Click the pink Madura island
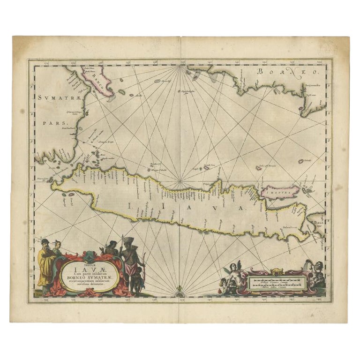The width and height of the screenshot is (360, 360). (x=280, y=191)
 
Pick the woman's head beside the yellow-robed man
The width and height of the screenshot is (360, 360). (x=58, y=245)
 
